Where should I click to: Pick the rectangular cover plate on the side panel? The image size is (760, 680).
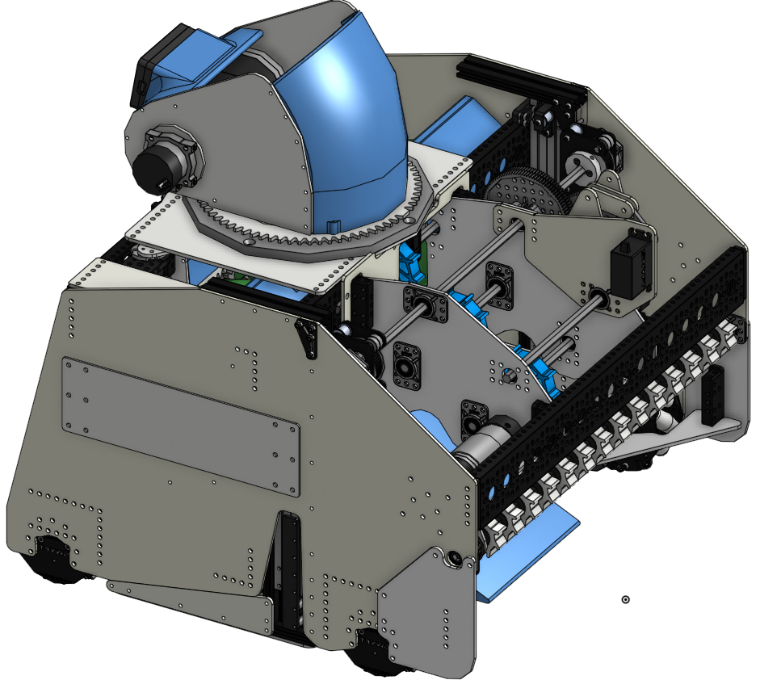click(181, 425)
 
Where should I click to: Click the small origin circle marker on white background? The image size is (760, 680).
click(625, 599)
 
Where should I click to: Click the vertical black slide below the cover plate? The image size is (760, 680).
click(288, 573)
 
